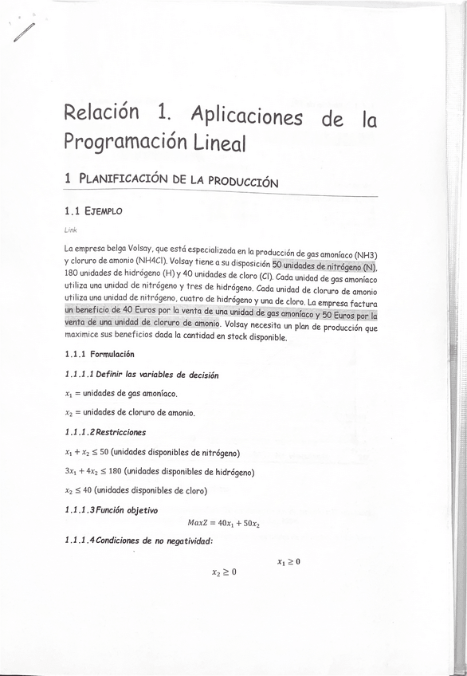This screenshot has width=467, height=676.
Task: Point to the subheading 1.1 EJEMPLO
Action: click(94, 212)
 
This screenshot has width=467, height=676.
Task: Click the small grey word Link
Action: click(70, 230)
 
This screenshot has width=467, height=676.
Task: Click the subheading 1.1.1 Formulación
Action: click(100, 354)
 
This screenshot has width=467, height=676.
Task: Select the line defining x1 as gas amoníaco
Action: click(120, 394)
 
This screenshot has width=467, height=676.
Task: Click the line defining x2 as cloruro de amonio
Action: click(130, 413)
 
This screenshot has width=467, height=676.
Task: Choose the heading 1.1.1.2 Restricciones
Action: click(105, 433)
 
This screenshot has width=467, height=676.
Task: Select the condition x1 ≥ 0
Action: click(288, 562)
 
